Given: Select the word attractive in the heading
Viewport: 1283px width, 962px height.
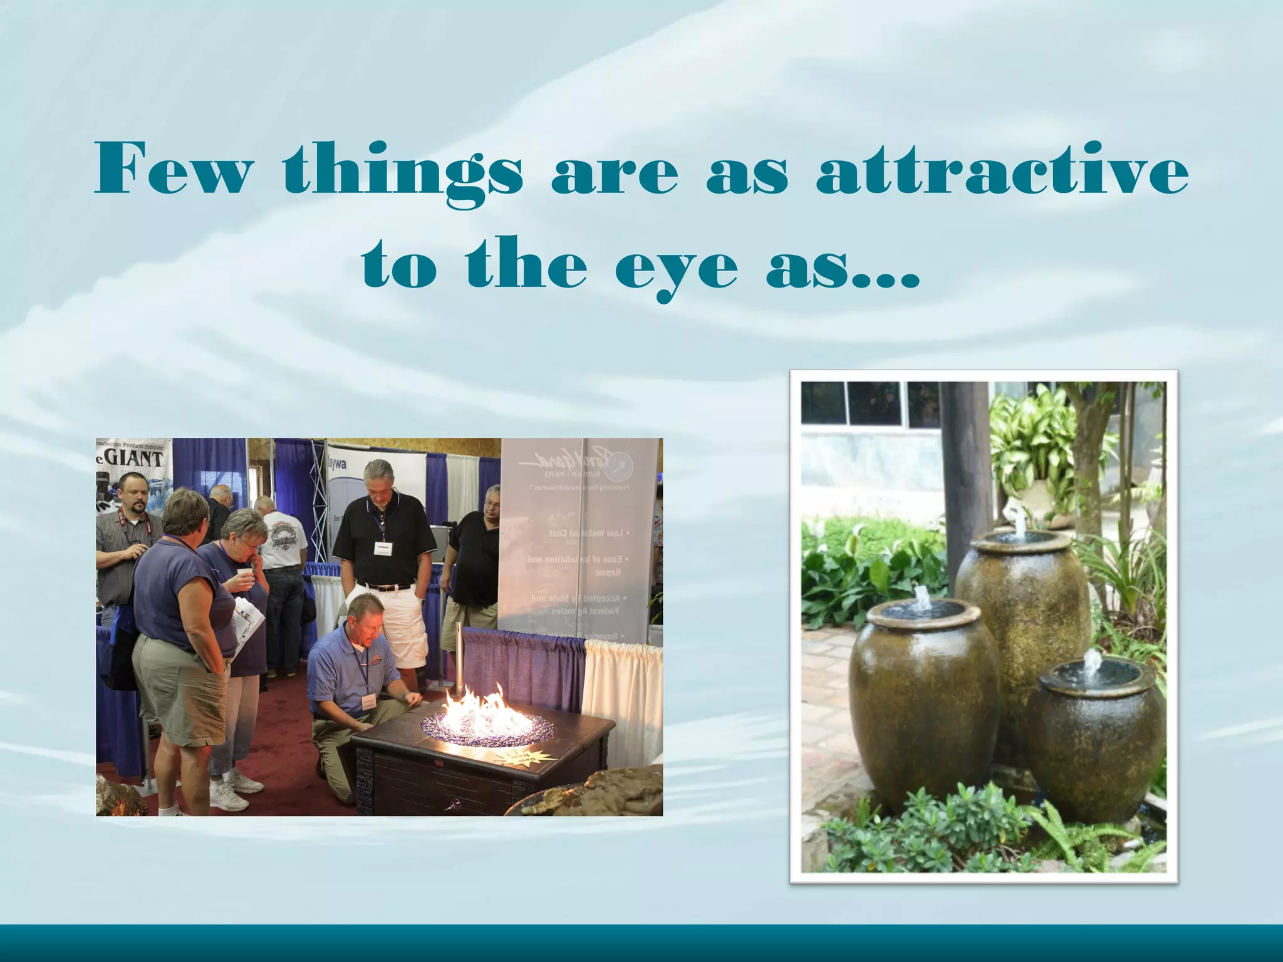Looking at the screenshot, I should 1002,169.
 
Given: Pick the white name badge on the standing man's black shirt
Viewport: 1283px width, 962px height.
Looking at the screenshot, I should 382,548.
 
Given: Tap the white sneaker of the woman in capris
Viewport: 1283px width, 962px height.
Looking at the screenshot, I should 228,799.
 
